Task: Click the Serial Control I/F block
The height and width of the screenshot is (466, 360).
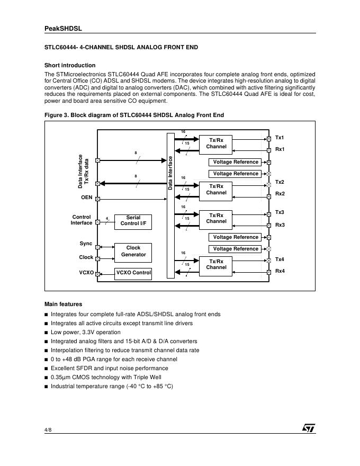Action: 133,221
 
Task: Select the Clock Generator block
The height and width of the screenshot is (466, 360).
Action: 133,252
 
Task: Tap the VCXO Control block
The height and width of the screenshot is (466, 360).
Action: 133,273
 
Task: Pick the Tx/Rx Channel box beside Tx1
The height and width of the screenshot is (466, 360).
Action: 216,144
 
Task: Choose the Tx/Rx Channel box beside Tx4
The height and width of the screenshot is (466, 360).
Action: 216,265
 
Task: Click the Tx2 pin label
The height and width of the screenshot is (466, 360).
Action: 280,182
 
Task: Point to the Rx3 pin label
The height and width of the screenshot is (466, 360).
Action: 280,225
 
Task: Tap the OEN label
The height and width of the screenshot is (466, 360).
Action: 86,198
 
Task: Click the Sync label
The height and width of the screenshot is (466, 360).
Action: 86,244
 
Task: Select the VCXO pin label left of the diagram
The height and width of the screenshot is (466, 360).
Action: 86,273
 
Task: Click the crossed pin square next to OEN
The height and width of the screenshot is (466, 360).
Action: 97,199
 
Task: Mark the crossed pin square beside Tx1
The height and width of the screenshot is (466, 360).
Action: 269,139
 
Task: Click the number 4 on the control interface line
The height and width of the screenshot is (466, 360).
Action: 106,218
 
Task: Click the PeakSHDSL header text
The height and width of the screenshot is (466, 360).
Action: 63,29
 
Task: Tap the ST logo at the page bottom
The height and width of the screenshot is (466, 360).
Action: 309,427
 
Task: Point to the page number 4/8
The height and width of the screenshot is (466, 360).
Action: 48,429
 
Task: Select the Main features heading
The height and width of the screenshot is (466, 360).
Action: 63,304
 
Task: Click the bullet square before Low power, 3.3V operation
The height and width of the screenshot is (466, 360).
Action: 46,333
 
